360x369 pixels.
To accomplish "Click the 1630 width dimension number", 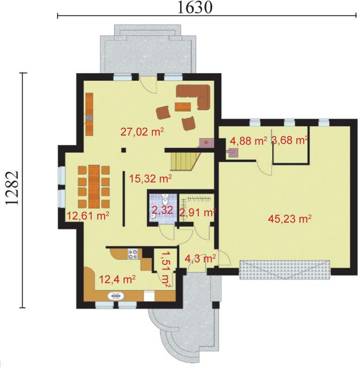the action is click(x=195, y=7).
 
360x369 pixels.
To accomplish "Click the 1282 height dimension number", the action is click(x=12, y=189).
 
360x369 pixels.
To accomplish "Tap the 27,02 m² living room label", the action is click(x=142, y=131).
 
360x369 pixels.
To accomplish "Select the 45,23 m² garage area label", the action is click(x=290, y=219).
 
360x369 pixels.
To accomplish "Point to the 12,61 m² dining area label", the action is click(x=88, y=215).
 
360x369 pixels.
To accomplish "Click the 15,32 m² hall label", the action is click(x=150, y=179).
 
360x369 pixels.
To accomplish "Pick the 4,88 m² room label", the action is click(x=249, y=141).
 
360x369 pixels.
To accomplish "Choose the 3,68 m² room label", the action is click(x=290, y=141).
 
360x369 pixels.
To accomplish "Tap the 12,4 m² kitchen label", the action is click(x=117, y=280).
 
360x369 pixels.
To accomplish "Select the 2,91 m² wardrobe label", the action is click(x=197, y=212).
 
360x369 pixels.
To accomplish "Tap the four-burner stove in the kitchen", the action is click(x=133, y=254).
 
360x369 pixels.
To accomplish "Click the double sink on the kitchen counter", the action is click(x=116, y=296).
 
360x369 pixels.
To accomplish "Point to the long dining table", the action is click(x=94, y=187).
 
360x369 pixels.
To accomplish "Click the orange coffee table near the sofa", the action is click(x=183, y=107).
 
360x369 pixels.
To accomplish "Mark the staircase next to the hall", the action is click(x=185, y=161).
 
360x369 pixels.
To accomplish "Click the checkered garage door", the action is click(x=285, y=270).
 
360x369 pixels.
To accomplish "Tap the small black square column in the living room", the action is click(x=124, y=150).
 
